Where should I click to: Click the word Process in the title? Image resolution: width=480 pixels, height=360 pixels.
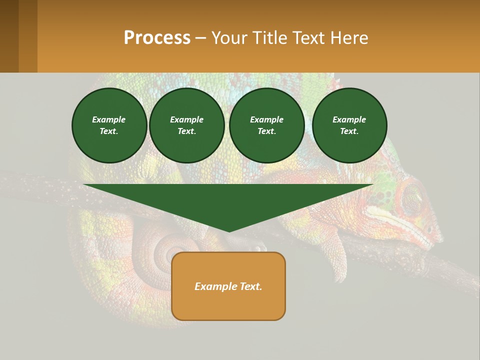(x=157, y=38)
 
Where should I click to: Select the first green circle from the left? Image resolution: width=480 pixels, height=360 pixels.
(x=109, y=125)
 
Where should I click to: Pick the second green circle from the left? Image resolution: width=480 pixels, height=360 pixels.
(x=186, y=125)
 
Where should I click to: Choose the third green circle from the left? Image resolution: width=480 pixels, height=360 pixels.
(x=266, y=125)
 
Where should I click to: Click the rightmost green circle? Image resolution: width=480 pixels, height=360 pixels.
(x=349, y=125)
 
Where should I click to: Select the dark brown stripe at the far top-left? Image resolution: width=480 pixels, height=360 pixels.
(x=9, y=36)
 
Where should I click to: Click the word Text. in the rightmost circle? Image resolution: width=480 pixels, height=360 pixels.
(x=349, y=131)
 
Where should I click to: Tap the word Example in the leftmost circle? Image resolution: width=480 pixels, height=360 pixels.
(x=109, y=119)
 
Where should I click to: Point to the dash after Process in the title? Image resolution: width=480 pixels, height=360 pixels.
(x=200, y=38)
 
